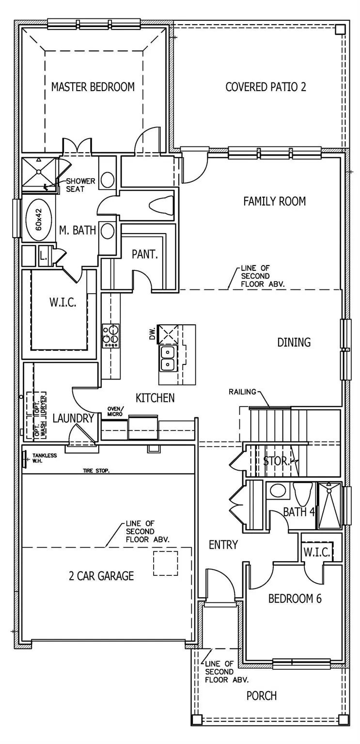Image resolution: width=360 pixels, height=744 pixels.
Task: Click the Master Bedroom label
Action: coord(93,87)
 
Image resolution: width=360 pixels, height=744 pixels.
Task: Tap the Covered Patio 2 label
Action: coord(266,87)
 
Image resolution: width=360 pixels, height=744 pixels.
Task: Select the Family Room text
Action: coord(274,201)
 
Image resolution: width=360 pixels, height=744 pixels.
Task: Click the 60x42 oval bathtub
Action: coord(39,220)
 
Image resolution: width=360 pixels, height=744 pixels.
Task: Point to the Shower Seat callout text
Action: coord(80,185)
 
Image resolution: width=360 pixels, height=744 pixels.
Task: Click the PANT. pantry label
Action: coord(144,254)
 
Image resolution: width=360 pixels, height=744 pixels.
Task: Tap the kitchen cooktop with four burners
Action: coord(111,336)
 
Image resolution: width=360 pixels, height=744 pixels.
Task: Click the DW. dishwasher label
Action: coord(153,333)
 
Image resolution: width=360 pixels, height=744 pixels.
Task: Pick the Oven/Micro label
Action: coord(115,412)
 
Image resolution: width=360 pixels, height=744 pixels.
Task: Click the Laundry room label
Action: coord(73,418)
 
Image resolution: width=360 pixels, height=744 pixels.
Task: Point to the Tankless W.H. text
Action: coord(45,458)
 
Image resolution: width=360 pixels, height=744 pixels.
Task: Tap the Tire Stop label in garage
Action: coord(96,471)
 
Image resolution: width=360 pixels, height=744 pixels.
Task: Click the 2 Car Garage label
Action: coord(101,576)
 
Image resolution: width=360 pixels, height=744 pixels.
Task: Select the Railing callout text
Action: coord(242,392)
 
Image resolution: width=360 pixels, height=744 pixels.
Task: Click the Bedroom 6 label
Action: coord(295,599)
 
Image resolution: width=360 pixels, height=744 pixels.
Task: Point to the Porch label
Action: coord(262,696)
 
